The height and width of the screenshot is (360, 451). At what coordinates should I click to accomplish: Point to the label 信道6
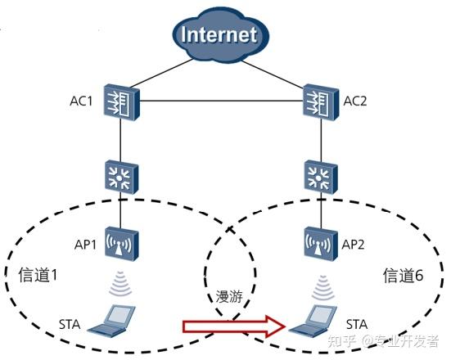click(x=404, y=275)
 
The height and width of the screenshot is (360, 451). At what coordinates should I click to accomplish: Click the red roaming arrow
click(x=237, y=327)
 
